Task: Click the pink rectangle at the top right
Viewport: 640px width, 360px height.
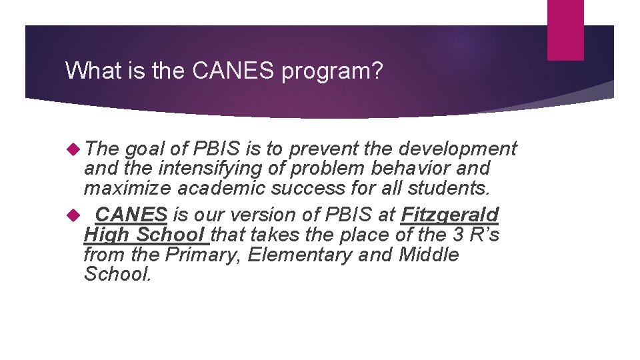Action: [x=565, y=30]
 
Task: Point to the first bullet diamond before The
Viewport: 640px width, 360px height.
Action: [x=74, y=149]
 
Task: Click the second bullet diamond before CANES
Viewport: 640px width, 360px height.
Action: [x=74, y=215]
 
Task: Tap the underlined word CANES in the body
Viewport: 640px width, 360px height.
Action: [x=131, y=215]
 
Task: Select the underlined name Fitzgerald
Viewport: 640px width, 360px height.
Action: [x=449, y=215]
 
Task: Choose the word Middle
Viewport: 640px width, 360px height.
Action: [x=429, y=255]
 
